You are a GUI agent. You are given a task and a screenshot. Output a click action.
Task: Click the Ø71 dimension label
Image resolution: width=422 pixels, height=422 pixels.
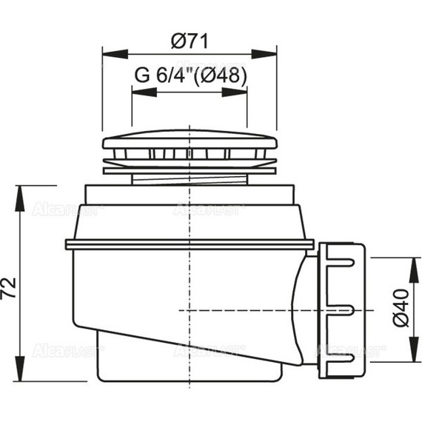click(x=190, y=41)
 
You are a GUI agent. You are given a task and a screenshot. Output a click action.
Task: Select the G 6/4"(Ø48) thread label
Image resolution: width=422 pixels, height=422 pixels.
click(x=190, y=75)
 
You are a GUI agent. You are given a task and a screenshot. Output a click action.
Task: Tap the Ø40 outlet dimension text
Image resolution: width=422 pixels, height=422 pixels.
click(x=401, y=308)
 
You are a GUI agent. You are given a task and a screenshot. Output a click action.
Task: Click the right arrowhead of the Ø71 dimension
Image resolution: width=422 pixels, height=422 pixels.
click(x=264, y=54)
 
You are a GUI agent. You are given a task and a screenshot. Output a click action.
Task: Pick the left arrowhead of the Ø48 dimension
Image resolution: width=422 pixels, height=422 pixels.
click(x=144, y=92)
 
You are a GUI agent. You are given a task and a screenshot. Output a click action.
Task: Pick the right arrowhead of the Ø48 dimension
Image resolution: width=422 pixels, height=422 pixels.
click(x=235, y=92)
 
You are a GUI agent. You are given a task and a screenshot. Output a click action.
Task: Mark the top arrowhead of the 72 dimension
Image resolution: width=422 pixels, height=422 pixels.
click(x=20, y=198)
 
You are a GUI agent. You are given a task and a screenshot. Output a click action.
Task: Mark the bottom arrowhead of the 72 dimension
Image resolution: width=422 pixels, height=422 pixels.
click(x=20, y=369)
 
